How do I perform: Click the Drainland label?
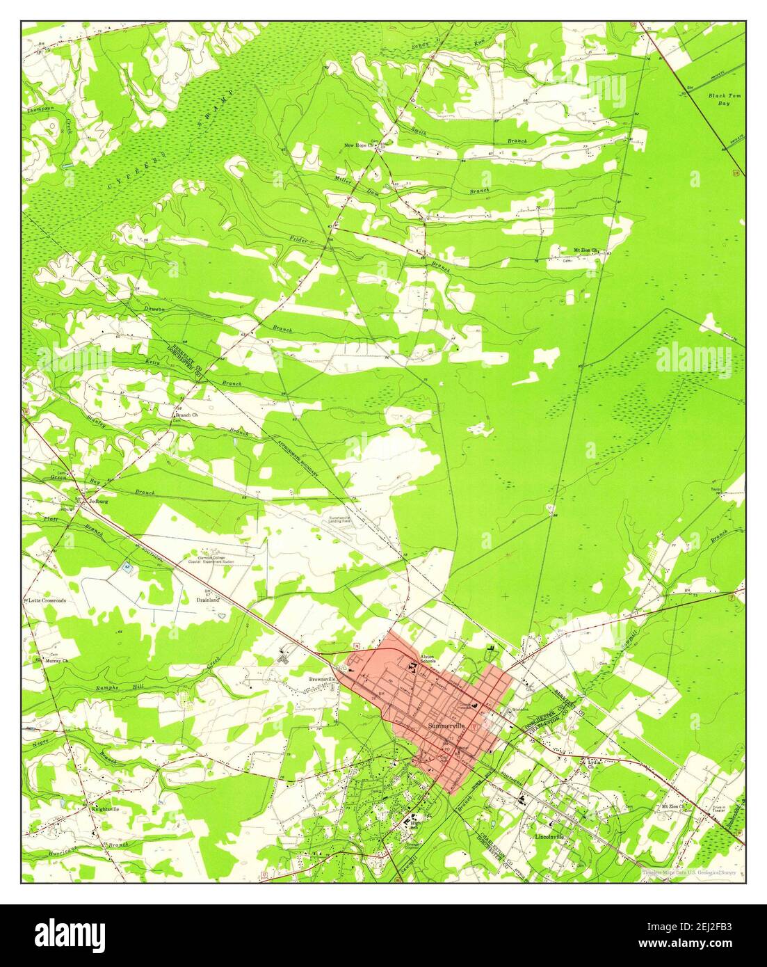(x=207, y=598)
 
